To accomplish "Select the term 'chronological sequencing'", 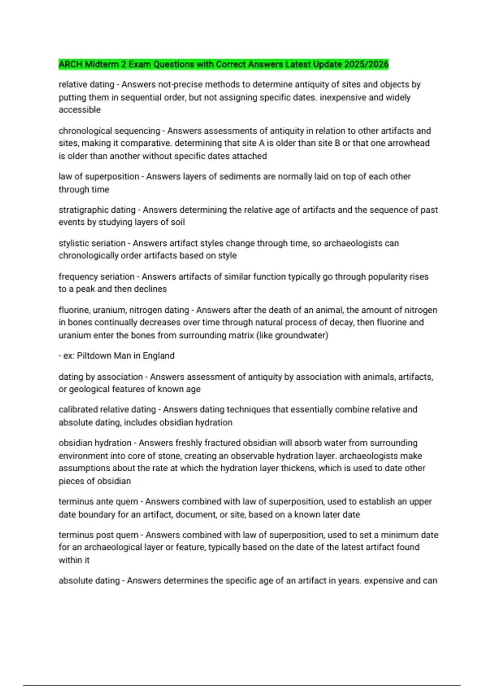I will pos(109,131).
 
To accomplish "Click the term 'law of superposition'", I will pos(99,176).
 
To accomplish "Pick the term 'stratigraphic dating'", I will pos(97,210).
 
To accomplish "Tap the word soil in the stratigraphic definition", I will pos(178,222).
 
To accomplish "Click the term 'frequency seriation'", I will pos(96,277).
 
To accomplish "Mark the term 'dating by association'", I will pos(100,377).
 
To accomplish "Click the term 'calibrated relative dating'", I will pos(107,409).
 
